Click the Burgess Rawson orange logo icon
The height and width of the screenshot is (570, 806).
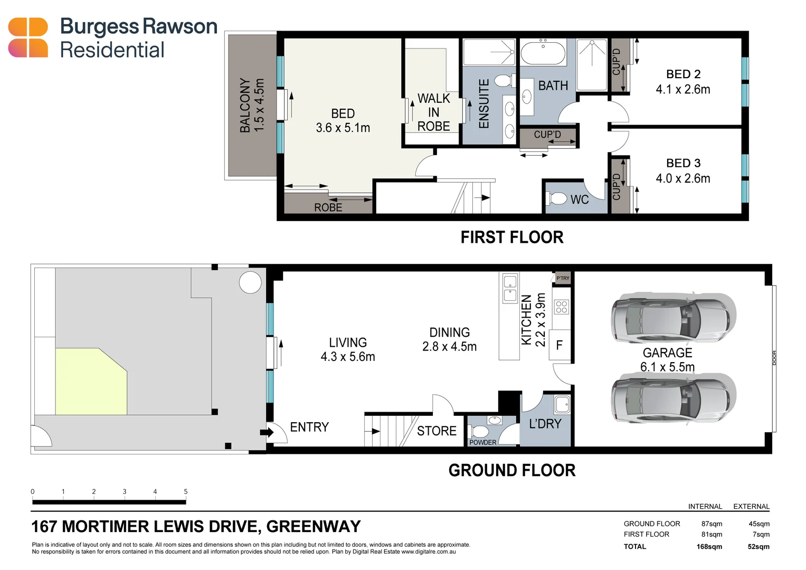28,37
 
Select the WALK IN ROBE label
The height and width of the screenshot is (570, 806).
433,112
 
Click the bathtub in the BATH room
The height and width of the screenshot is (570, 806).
543,53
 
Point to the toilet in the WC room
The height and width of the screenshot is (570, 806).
556,199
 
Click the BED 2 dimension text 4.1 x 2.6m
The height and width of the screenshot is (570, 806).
682,90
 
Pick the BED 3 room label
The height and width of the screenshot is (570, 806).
683,163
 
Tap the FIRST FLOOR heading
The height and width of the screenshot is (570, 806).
511,237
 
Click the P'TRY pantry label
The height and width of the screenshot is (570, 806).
563,278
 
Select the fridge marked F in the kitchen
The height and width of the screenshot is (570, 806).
560,345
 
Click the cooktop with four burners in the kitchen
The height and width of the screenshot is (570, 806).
562,307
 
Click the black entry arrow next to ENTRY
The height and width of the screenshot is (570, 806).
267,432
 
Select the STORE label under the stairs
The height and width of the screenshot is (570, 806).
437,431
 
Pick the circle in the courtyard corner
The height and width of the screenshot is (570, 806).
250,282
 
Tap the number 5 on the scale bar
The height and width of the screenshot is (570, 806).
185,491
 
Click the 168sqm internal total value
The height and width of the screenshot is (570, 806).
709,547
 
